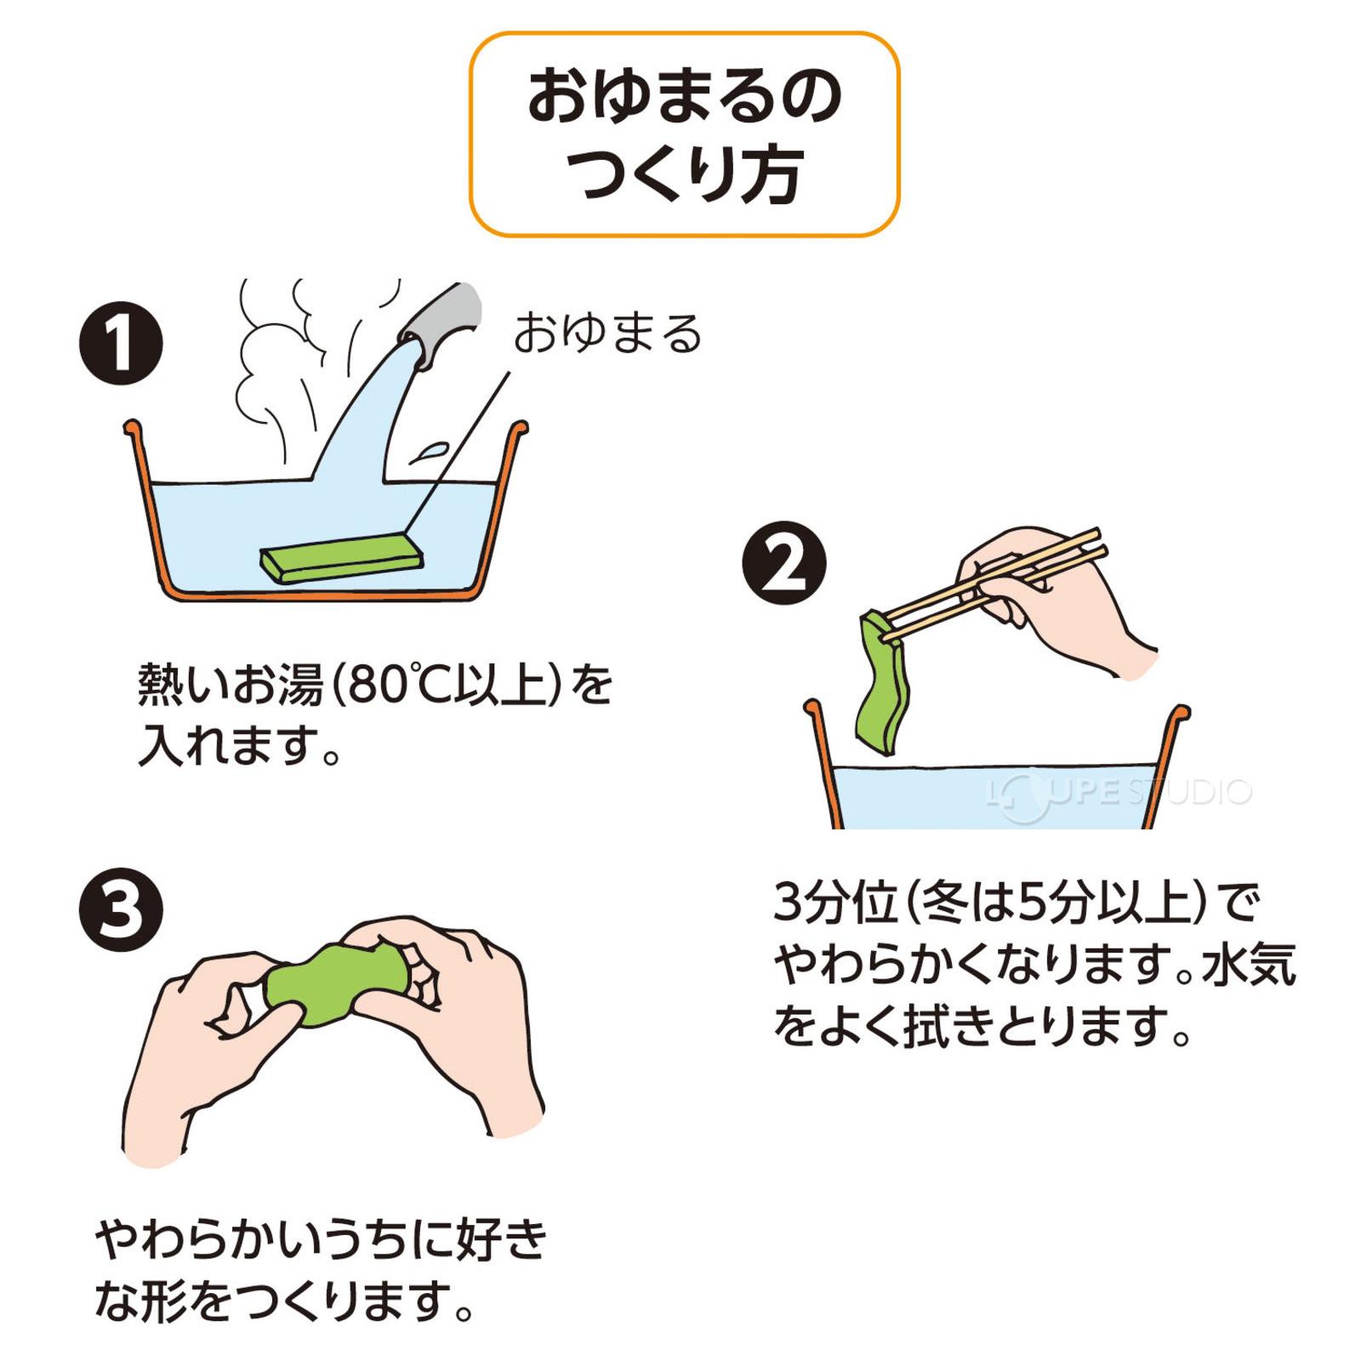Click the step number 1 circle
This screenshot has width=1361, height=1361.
point(121,343)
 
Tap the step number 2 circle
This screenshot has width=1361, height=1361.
point(783,563)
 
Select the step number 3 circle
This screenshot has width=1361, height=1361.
point(121,909)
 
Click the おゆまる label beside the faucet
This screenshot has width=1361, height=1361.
point(607,333)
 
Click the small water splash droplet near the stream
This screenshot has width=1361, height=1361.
point(430,452)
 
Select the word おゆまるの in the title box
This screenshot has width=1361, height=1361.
point(684,96)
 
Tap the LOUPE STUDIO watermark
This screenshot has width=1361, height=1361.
point(1119,793)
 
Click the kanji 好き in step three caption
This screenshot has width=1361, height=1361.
point(502,1239)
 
